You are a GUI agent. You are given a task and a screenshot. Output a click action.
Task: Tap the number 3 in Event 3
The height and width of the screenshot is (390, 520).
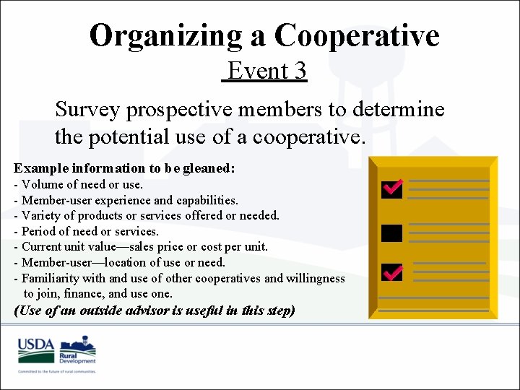(300, 71)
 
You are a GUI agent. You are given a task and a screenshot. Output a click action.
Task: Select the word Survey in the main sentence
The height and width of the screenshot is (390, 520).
(87, 110)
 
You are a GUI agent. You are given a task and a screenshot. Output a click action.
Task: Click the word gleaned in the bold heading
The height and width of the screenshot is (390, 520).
(209, 168)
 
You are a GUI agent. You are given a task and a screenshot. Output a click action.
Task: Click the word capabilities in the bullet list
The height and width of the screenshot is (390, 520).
(207, 200)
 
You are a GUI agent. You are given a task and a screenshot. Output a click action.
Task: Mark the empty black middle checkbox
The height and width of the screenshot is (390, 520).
(391, 233)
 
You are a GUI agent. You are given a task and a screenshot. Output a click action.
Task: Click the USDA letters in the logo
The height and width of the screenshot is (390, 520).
(36, 344)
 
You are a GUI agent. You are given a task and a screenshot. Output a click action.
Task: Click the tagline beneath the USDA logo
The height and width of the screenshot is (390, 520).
(57, 370)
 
